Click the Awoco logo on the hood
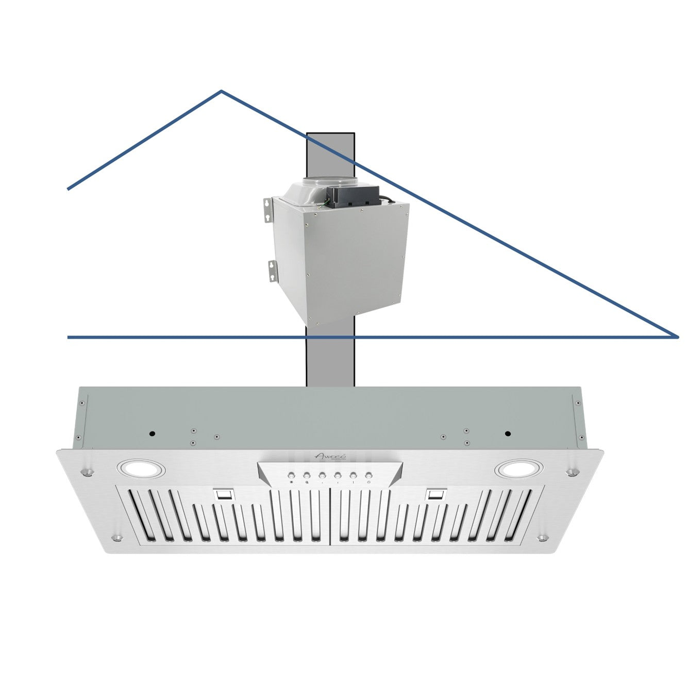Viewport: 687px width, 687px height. (x=330, y=456)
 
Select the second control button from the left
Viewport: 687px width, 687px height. (x=306, y=475)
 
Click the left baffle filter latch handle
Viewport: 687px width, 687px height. (x=224, y=495)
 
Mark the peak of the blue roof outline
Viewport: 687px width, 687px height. (x=222, y=92)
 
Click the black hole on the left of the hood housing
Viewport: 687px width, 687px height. (x=153, y=433)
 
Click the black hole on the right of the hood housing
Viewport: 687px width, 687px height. (x=508, y=433)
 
